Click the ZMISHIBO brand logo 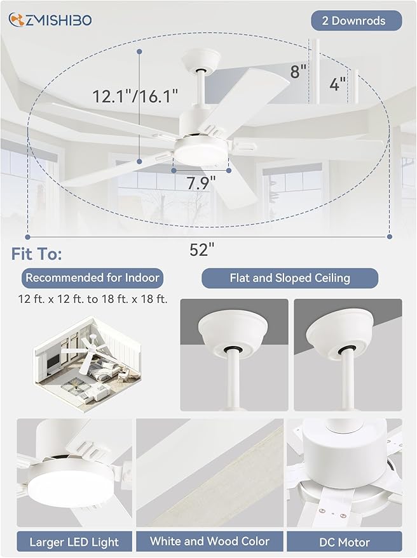click(50, 20)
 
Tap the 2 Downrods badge click(356, 21)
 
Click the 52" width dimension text click(199, 250)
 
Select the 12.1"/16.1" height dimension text click(135, 96)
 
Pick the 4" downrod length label click(338, 83)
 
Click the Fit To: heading click(36, 255)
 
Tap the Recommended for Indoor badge click(92, 277)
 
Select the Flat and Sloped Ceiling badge click(289, 278)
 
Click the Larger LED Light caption click(74, 541)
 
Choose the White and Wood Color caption click(209, 541)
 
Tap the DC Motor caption click(344, 541)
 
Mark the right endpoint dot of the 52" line click(389, 236)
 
